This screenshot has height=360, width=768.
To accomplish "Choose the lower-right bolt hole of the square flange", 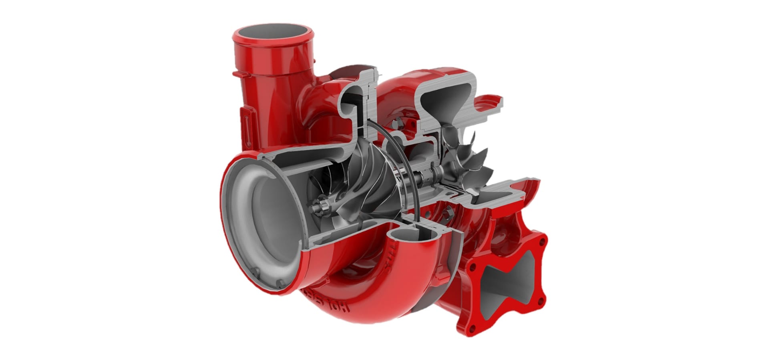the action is pos(542,298).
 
